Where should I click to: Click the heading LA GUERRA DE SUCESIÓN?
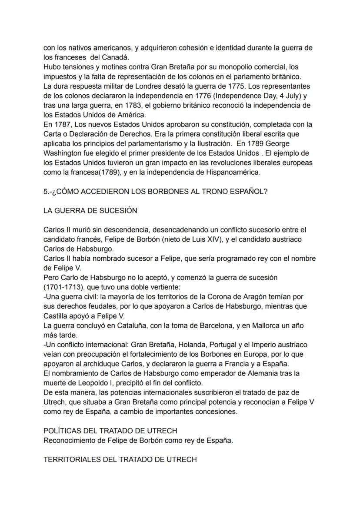pos(90,211)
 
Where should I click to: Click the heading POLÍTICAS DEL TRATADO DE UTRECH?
pos(110,431)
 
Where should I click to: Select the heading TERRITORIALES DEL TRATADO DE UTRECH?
pos(120,459)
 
